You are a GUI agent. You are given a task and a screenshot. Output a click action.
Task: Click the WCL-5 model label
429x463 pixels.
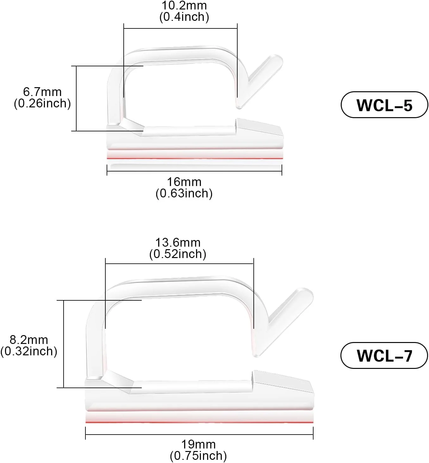[x=384, y=105]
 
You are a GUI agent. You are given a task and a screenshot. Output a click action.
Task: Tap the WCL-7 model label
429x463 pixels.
[x=384, y=355]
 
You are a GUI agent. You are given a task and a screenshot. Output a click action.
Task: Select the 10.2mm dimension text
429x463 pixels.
[x=184, y=6]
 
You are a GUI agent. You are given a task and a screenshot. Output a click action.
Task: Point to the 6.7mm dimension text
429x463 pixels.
[x=42, y=92]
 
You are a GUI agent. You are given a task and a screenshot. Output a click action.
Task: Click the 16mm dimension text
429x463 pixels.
[x=184, y=182]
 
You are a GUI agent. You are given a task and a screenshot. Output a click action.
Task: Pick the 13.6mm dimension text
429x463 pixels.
[x=178, y=243]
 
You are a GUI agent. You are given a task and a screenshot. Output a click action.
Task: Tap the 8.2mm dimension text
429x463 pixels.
[x=29, y=340]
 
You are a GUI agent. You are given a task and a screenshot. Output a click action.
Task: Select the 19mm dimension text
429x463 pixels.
[x=198, y=444]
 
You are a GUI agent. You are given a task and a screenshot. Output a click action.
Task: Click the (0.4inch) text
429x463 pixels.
[x=184, y=17]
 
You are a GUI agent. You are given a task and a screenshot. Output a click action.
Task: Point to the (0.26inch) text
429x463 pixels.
[x=42, y=103]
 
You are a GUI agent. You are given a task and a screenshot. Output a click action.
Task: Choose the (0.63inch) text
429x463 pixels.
[x=184, y=193]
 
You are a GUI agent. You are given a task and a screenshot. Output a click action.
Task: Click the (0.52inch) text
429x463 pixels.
[x=178, y=254]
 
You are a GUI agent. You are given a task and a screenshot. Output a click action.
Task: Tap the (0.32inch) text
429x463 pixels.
[x=29, y=351]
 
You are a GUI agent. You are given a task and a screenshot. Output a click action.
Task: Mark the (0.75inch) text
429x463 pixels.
[x=198, y=456]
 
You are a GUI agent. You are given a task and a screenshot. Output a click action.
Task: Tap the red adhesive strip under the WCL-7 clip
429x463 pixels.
[x=199, y=421]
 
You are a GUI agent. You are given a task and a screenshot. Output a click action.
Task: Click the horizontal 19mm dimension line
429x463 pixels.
[x=199, y=435]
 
